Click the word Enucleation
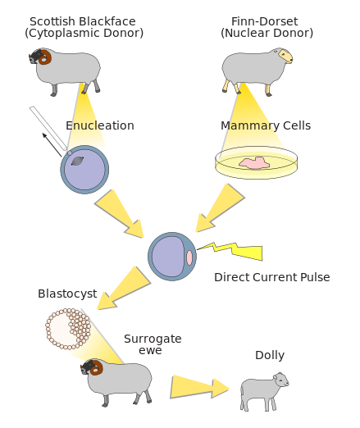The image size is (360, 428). coord(100,125)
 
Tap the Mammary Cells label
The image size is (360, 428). coord(266,125)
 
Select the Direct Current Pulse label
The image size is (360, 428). coord(272,277)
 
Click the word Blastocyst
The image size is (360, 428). coord(67,294)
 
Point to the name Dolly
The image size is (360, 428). coord(270,355)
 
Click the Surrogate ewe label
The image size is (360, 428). coord(153,344)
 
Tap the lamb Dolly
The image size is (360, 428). coord(264,391)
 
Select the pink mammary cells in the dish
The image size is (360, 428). coord(254,162)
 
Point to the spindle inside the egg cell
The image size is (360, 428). coord(77,161)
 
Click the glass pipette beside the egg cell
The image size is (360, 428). coord(48,129)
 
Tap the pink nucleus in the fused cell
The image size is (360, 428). coord(189,257)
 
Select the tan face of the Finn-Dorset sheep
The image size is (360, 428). coord(285,56)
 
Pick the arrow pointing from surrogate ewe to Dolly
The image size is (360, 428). coord(199,387)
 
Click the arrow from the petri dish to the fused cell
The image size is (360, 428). coord(221,207)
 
